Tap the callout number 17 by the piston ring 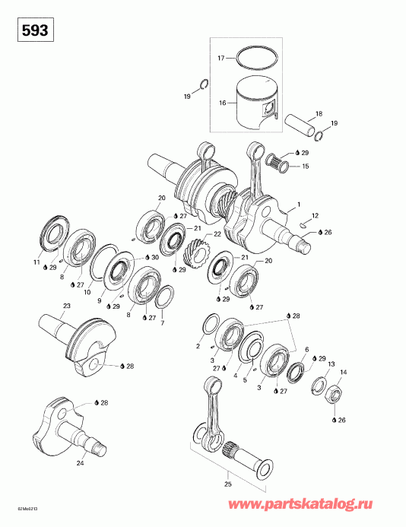coord(220,58)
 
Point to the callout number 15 coord(306,166)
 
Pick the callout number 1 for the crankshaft coord(299,205)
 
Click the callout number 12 coord(315,215)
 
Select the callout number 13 coord(331,365)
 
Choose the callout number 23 coord(66,306)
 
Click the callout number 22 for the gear coord(217,234)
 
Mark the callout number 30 coord(155,258)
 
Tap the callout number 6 coord(307,349)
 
